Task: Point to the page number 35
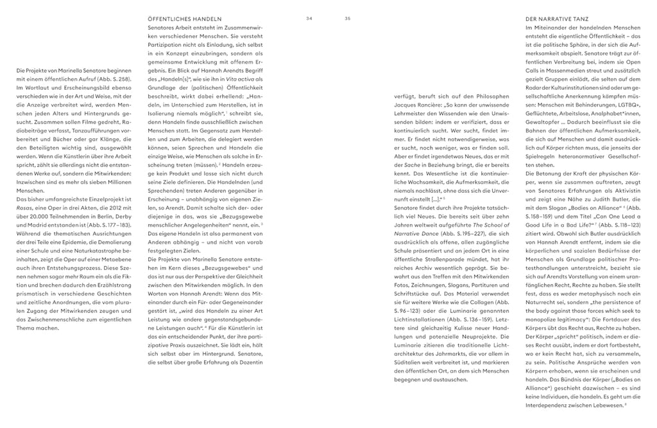(x=348, y=19)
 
